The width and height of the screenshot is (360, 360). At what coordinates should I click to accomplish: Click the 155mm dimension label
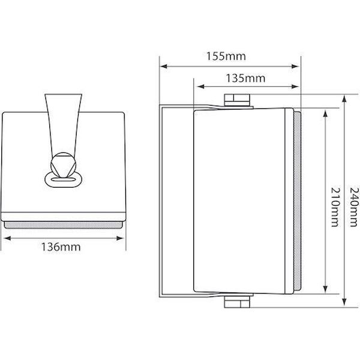226,56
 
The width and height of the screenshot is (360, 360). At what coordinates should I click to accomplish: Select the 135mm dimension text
245,78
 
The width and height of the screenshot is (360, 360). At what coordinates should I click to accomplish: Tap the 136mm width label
61,247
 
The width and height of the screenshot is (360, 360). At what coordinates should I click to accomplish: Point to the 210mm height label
335,207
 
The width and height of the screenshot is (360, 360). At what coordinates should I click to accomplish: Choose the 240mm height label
353,207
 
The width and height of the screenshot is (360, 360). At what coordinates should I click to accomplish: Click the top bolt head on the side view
237,100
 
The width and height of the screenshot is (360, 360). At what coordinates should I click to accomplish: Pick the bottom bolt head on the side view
237,302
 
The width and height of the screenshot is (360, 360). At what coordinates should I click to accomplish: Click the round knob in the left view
62,165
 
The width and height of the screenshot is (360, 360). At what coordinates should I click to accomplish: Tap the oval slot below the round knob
63,180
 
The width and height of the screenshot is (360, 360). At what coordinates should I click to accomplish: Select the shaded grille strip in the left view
63,225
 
